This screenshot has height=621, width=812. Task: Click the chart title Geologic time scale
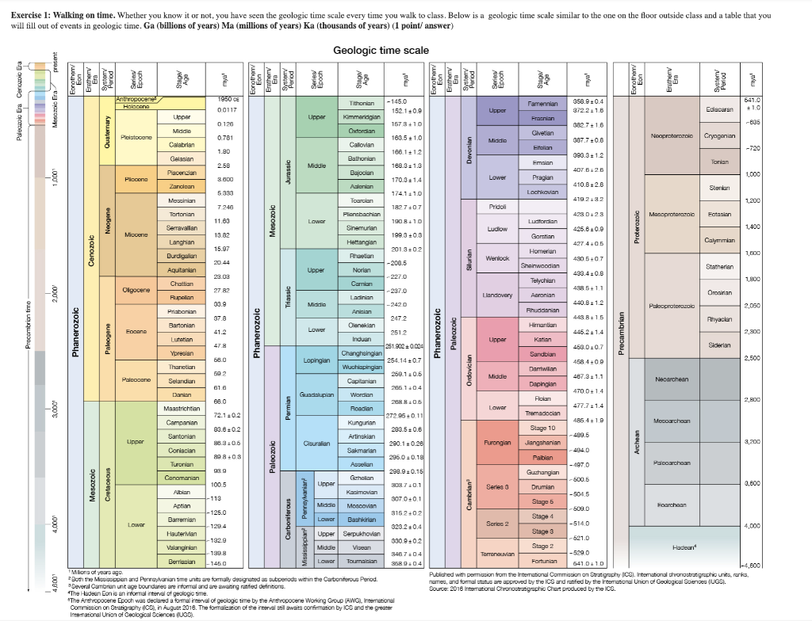[381, 51]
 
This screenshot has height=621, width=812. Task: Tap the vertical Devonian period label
[470, 147]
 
